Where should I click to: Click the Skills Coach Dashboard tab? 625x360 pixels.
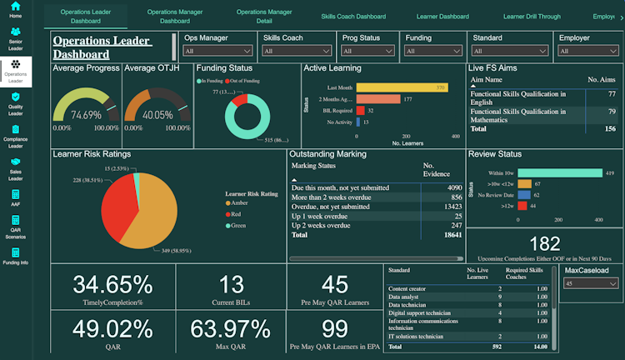pyautogui.click(x=353, y=17)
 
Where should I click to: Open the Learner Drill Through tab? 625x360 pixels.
pyautogui.click(x=532, y=17)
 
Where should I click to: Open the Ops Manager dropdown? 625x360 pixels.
pyautogui.click(x=215, y=51)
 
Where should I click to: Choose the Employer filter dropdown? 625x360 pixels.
pyautogui.click(x=587, y=51)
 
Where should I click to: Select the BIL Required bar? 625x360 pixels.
pyautogui.click(x=360, y=110)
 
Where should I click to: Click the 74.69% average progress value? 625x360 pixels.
pyautogui.click(x=86, y=115)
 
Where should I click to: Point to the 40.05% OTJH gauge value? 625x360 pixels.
pyautogui.click(x=156, y=115)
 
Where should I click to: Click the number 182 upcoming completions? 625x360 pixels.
pyautogui.click(x=545, y=243)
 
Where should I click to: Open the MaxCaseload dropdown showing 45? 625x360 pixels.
pyautogui.click(x=591, y=283)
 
